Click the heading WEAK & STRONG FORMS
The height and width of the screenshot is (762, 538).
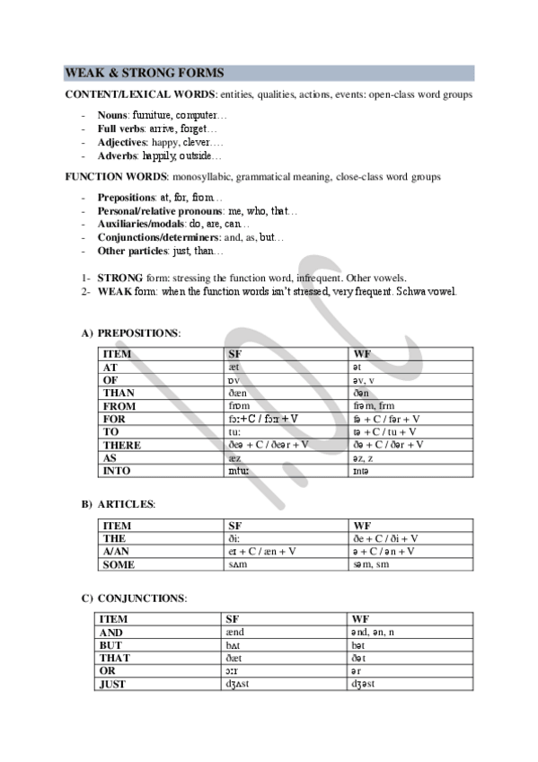(145, 73)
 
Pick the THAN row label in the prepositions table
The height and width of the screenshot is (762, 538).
(119, 394)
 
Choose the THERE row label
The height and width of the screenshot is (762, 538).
(122, 445)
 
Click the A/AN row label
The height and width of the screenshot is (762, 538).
(118, 551)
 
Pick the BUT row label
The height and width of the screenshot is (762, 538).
(113, 645)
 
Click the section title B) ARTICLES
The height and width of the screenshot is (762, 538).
(119, 504)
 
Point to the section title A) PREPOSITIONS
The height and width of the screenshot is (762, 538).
(131, 333)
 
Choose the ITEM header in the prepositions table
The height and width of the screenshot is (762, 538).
(118, 355)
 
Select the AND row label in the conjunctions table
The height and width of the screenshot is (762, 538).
(113, 633)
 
